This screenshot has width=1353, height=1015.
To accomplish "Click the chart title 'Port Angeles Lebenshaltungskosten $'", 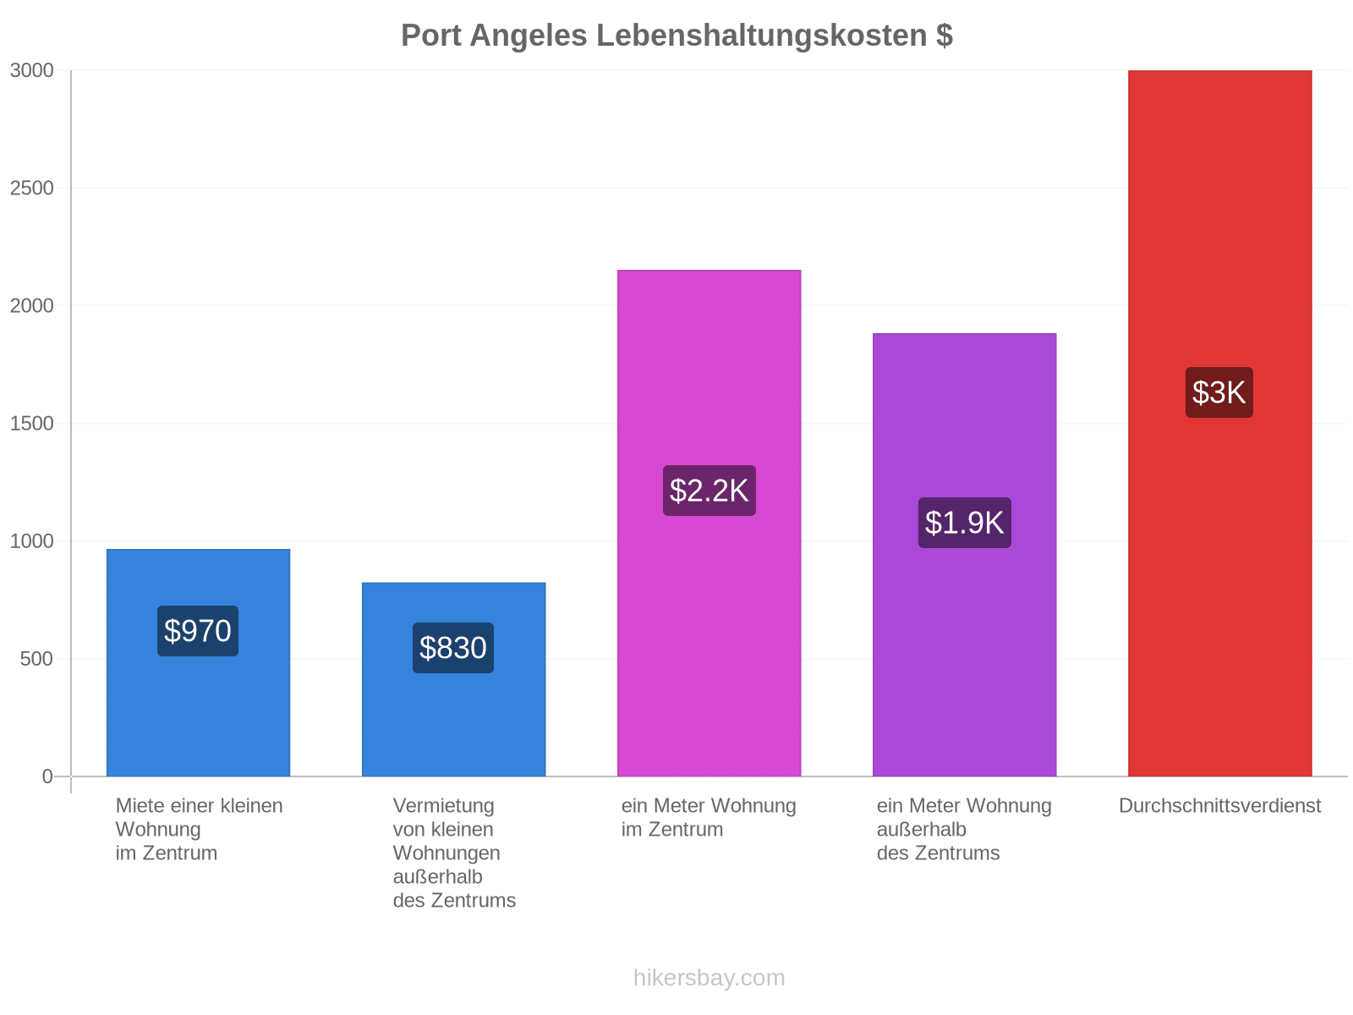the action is (676, 36).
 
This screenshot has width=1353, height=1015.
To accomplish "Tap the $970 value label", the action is (197, 630).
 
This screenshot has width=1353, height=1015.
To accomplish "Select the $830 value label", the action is (452, 648).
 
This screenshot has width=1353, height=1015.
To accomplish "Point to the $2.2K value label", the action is (709, 491).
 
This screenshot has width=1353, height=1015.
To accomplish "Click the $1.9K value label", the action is (964, 523).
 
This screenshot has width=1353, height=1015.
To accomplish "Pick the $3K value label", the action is (1219, 392).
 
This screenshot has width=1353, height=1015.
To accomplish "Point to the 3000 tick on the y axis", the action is (31, 70).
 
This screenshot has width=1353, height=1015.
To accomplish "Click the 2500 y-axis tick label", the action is (31, 188).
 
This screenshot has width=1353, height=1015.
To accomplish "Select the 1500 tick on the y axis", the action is (31, 424).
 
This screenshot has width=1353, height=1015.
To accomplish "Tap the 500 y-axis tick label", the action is (36, 659).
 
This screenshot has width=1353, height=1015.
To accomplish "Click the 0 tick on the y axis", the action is (47, 776).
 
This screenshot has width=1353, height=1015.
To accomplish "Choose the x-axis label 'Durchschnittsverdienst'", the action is (1219, 805).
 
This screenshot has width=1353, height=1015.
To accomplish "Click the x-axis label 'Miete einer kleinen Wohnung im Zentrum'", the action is (199, 830).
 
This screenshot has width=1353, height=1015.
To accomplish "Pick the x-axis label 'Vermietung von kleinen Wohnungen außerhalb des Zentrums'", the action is (453, 853).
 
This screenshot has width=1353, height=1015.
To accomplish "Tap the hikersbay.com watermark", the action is (709, 978).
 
